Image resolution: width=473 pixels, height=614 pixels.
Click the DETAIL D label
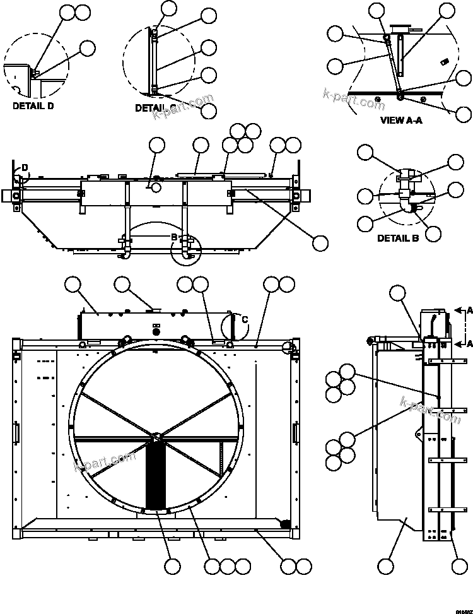click(x=33, y=106)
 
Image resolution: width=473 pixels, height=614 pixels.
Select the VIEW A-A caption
click(x=400, y=120)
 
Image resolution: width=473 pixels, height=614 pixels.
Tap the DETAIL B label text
click(x=398, y=238)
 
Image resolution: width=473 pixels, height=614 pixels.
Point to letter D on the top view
click(x=25, y=167)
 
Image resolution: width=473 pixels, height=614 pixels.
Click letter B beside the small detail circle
click(x=174, y=237)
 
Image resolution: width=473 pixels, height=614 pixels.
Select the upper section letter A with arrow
click(x=469, y=310)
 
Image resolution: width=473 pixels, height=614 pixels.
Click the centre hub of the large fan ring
click(x=157, y=435)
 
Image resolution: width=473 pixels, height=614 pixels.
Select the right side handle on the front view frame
click(x=295, y=434)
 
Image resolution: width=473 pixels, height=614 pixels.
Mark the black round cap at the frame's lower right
click(x=284, y=522)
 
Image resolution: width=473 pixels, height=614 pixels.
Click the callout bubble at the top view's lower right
click(x=320, y=243)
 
